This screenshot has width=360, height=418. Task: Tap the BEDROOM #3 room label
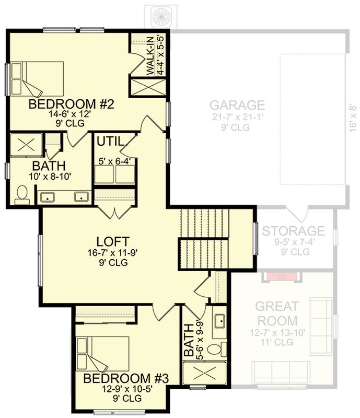pos(126,378)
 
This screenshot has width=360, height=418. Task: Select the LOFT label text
pos(113,241)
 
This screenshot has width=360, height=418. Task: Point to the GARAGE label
pos(238,105)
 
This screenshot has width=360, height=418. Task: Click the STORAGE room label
pos(293,231)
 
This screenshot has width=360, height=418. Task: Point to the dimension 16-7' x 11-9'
pos(113,253)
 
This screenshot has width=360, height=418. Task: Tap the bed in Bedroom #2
pos(38,78)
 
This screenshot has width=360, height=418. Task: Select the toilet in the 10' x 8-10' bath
pos(22,194)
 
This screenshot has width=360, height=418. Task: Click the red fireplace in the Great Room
pos(282,276)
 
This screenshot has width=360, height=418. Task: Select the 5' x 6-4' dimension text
pos(114,162)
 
